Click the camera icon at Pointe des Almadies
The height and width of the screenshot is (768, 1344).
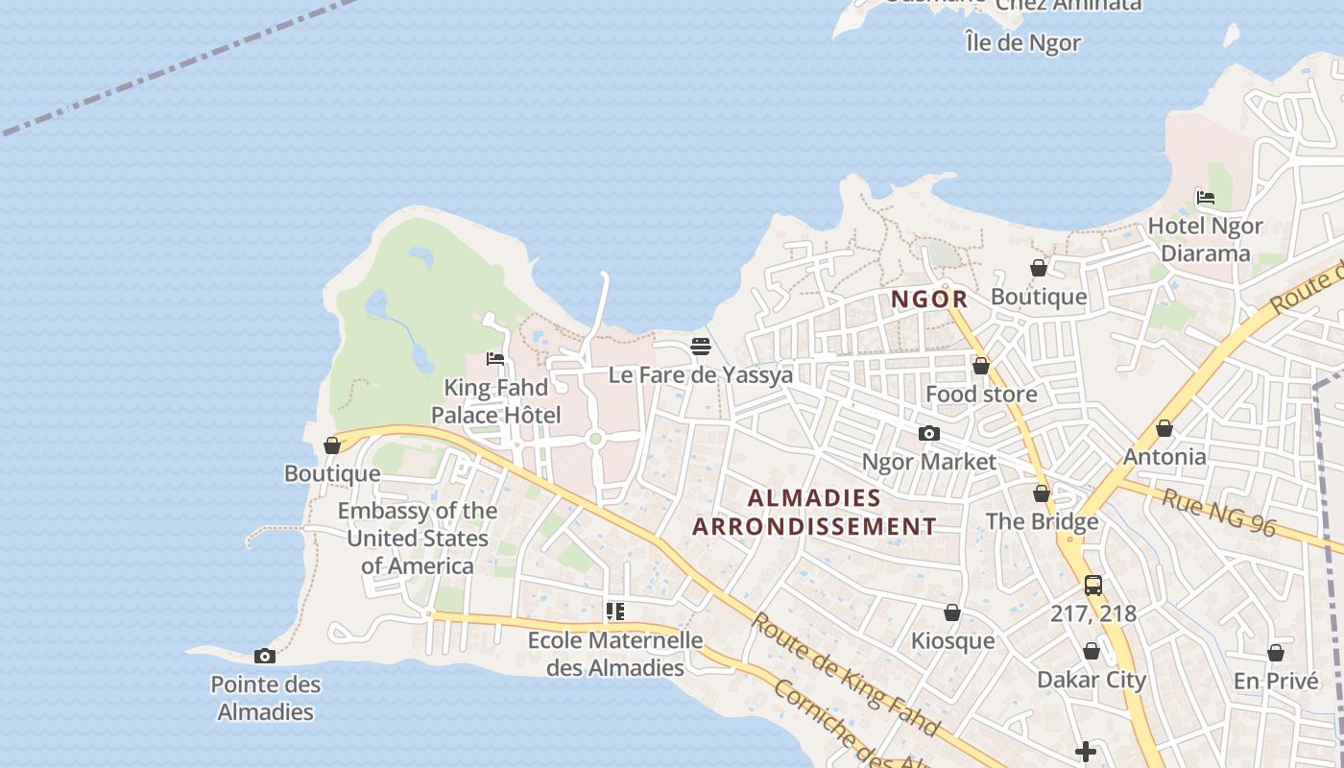point(265,657)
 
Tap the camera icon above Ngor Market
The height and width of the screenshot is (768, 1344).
point(928,434)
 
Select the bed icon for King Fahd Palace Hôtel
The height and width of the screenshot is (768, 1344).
point(495,359)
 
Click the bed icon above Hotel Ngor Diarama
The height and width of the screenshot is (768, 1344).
point(1206,198)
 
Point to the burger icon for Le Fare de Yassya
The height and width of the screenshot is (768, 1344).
point(701,347)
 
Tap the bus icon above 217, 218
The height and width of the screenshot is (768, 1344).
point(1092,586)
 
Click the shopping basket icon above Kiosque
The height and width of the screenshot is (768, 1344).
point(952,613)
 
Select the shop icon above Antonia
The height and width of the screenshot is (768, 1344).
point(1164,428)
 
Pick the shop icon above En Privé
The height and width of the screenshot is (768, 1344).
point(1276,654)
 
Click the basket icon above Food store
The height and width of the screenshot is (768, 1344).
point(981,366)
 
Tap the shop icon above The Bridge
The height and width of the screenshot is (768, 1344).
point(1042,494)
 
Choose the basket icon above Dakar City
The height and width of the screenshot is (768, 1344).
point(1092,652)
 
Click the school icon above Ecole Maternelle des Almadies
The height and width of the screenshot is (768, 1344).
point(615,612)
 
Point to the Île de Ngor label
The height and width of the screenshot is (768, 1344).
point(1023,43)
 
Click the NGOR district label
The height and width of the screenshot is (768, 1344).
point(929,300)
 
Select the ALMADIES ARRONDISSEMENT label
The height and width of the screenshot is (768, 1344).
point(814,513)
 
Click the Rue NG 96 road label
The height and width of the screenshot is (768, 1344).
point(1218,511)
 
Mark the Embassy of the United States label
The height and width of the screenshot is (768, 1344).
point(418,539)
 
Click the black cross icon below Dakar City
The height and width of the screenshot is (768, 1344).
point(1086,752)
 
